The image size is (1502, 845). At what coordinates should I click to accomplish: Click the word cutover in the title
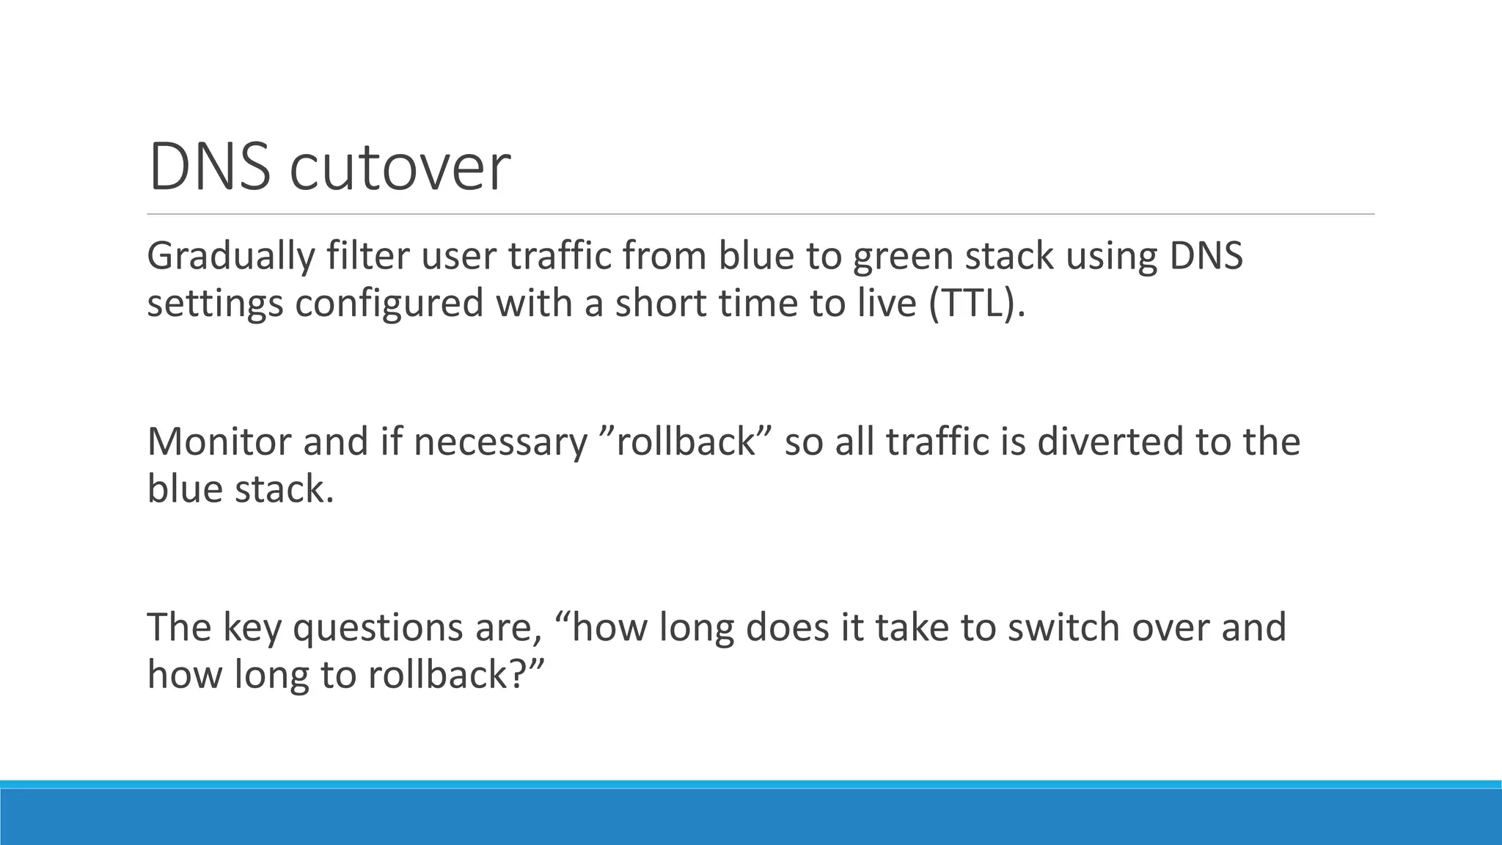click(x=400, y=169)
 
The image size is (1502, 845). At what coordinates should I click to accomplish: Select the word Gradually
click(x=231, y=257)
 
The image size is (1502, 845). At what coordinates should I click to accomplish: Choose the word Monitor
click(x=219, y=442)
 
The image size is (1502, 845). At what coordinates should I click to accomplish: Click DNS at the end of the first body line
click(x=1206, y=256)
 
